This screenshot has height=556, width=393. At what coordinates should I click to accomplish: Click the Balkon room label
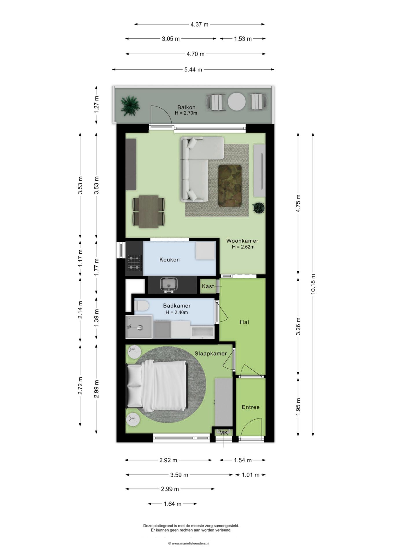pyautogui.click(x=186, y=107)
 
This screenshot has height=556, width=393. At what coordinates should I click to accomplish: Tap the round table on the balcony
pyautogui.click(x=236, y=101)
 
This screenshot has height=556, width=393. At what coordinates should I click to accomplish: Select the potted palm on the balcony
pyautogui.click(x=130, y=106)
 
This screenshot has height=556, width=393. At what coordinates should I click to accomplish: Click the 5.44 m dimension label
pyautogui.click(x=193, y=69)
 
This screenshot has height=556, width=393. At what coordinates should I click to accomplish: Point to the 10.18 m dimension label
pyautogui.click(x=313, y=284)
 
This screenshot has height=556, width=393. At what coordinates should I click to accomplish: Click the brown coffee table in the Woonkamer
pyautogui.click(x=230, y=186)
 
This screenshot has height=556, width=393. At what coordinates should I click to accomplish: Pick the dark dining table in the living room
pyautogui.click(x=148, y=212)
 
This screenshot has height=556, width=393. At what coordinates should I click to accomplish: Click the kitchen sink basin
pyautogui.click(x=169, y=283)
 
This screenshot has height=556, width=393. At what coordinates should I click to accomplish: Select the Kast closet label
pyautogui.click(x=208, y=286)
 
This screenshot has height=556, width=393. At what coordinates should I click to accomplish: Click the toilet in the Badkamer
pyautogui.click(x=142, y=306)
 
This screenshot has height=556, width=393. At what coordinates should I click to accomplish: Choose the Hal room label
pyautogui.click(x=244, y=322)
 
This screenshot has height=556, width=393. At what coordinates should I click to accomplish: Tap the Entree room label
pyautogui.click(x=251, y=407)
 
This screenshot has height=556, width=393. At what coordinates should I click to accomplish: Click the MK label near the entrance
pyautogui.click(x=223, y=433)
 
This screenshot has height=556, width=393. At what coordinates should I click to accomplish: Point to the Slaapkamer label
pyautogui.click(x=210, y=354)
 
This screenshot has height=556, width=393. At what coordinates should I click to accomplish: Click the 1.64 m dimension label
pyautogui.click(x=172, y=504)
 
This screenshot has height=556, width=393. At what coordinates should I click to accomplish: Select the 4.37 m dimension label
pyautogui.click(x=199, y=24)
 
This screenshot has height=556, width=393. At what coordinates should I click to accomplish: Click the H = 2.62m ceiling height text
pyautogui.click(x=243, y=247)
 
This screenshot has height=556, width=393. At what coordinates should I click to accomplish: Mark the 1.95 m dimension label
pyautogui.click(x=298, y=407)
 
